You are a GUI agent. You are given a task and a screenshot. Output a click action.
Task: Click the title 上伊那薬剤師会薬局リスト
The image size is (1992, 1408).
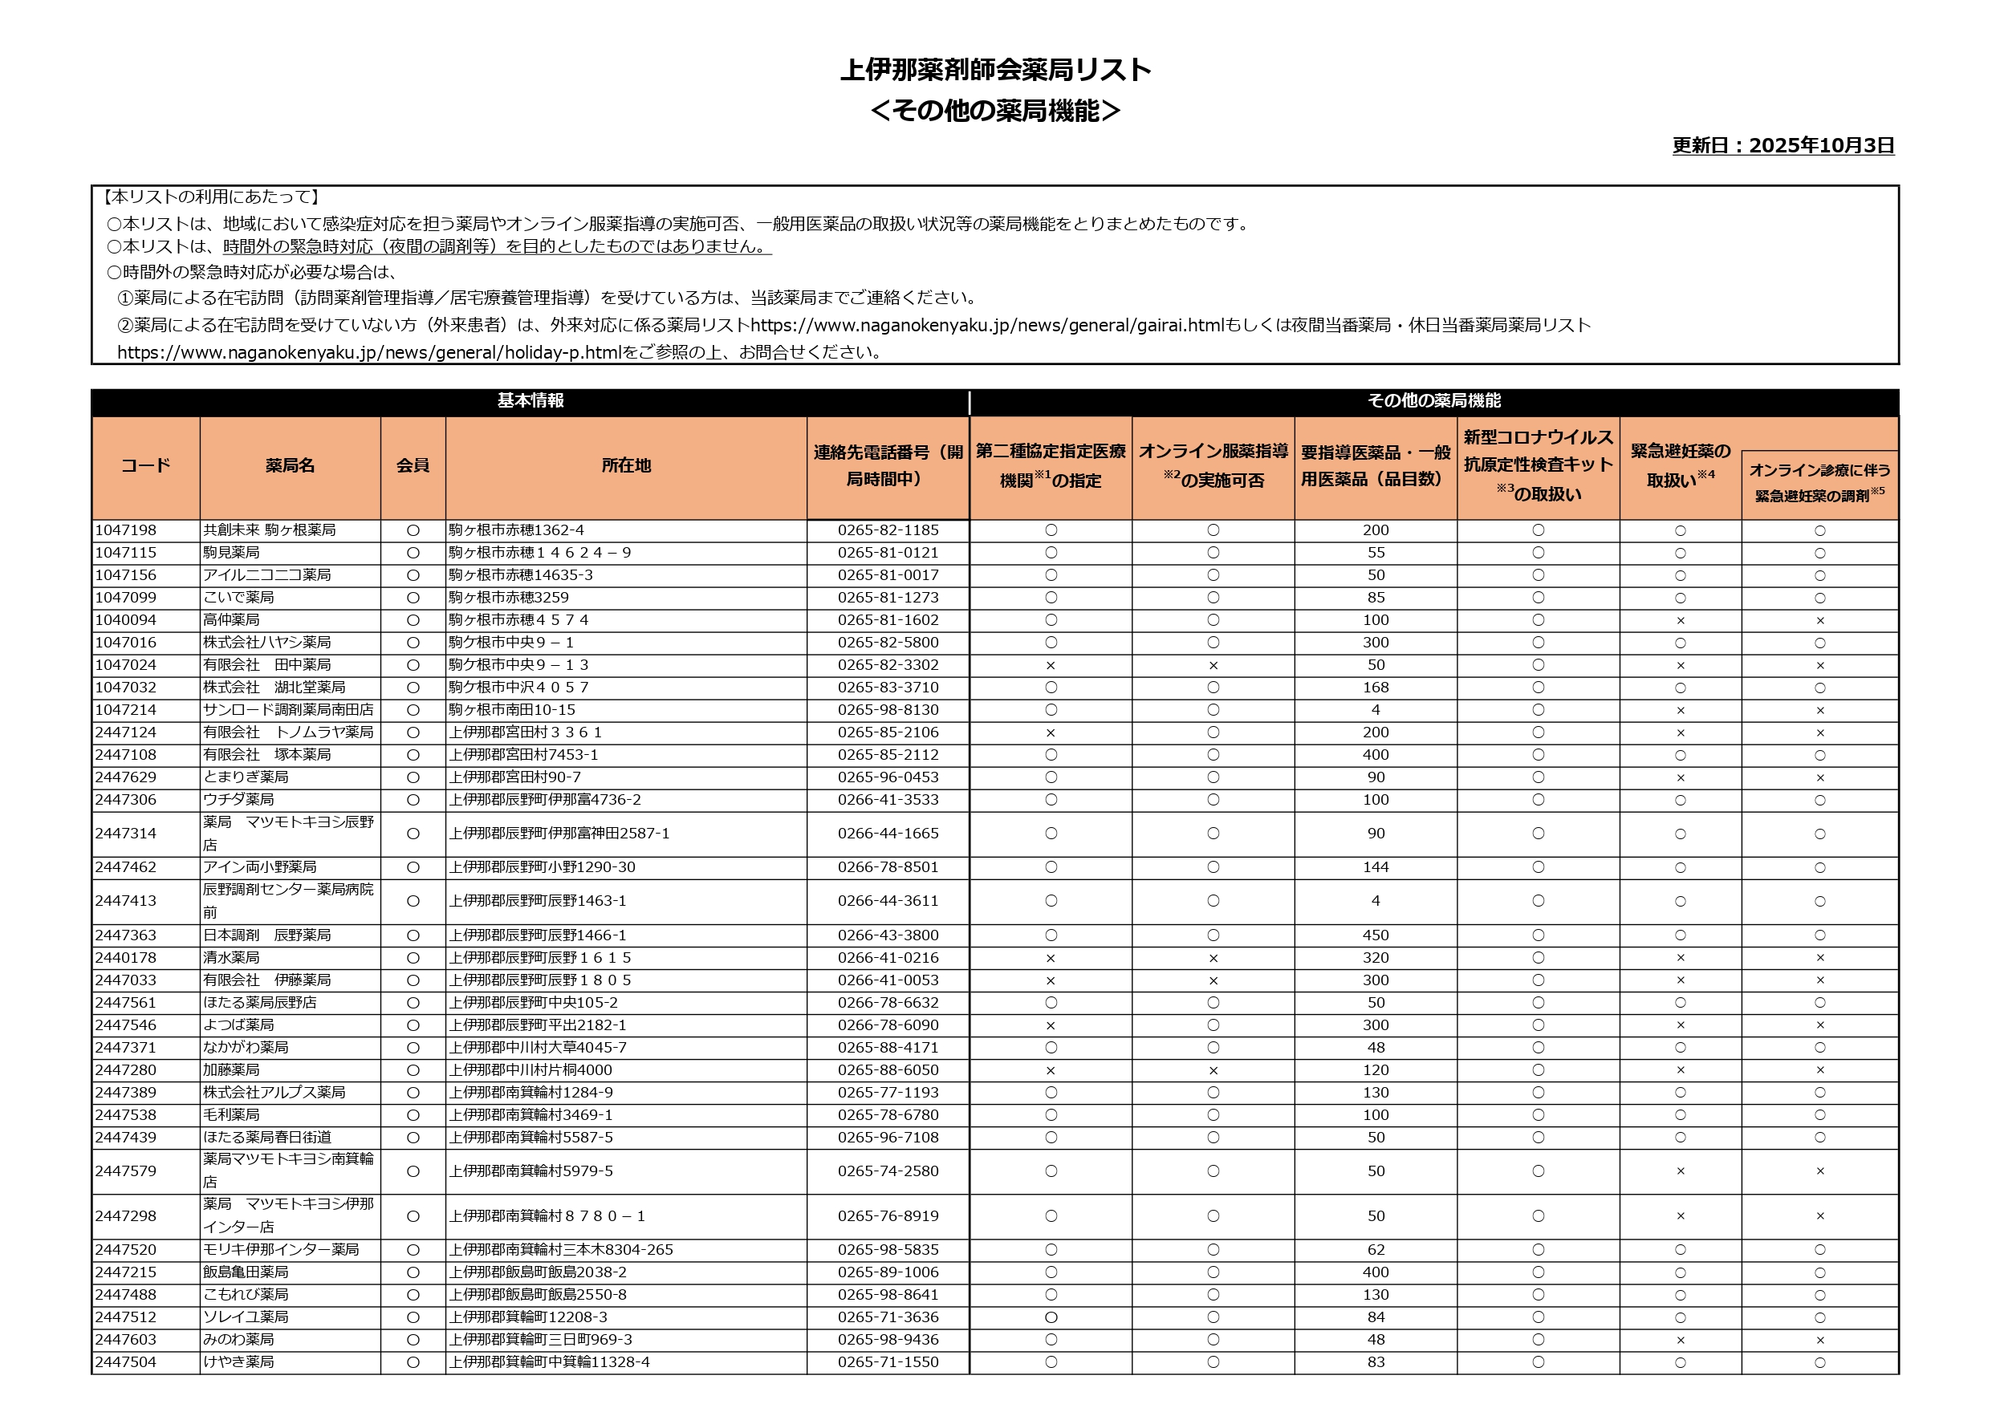point(995,70)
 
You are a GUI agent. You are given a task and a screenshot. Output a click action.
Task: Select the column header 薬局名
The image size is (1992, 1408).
point(290,466)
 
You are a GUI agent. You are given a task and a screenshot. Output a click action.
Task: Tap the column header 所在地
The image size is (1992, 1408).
point(625,466)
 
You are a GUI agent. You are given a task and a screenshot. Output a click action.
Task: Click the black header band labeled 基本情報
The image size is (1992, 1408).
point(530,401)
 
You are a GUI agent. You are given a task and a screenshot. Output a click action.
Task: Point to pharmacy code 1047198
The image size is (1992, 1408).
point(126,530)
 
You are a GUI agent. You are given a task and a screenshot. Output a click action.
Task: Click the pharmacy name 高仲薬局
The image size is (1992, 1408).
point(232,620)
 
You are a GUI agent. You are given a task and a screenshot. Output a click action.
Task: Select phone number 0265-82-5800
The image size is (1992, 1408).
point(888,643)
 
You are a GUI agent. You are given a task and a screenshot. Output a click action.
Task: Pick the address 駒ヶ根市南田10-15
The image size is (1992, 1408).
point(512,710)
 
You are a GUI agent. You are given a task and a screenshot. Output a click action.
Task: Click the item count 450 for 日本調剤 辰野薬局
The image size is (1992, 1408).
point(1375,935)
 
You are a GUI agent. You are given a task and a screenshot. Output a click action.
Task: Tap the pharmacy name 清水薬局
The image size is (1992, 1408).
point(232,958)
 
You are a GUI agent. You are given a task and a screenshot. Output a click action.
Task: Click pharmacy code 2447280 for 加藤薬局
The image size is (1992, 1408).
point(126,1070)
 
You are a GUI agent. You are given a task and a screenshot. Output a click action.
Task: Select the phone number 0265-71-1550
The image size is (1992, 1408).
point(888,1362)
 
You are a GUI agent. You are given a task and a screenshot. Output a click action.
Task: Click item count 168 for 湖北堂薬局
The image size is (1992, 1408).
point(1375,687)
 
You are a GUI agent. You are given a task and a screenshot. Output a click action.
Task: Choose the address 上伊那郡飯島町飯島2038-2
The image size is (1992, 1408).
point(538,1272)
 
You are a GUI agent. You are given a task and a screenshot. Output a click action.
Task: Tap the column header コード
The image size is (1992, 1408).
point(145,466)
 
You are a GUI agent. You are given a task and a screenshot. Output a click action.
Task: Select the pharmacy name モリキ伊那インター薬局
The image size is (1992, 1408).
point(281,1250)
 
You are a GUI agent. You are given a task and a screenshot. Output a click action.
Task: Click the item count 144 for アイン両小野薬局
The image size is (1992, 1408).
point(1375,867)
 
